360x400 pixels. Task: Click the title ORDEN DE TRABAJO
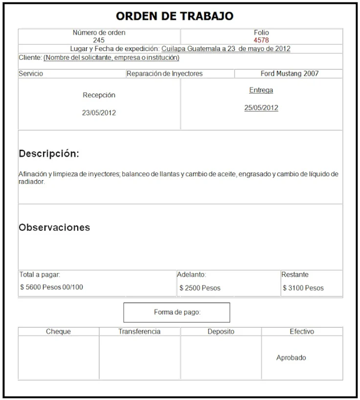coord(175,16)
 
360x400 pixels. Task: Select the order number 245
coord(99,40)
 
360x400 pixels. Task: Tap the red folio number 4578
coord(261,40)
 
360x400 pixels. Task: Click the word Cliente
coord(30,58)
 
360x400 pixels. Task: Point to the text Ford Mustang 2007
coord(290,73)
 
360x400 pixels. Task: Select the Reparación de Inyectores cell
coord(164,73)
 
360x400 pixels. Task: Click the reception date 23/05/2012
coord(99,113)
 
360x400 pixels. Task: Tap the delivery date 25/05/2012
coord(261,108)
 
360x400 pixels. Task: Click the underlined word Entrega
coord(261,90)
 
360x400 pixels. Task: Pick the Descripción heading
coord(49,154)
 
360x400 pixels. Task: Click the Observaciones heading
coord(54,227)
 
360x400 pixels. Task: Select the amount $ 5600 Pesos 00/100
coord(51,287)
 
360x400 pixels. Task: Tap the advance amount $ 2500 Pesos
coord(200,288)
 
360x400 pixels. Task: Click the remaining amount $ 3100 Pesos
coord(303,288)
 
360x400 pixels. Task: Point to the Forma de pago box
coord(177,312)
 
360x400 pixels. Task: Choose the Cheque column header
coord(58,331)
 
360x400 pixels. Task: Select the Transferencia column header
coord(139,331)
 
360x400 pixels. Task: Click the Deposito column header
coord(221,331)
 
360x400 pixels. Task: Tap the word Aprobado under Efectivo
coord(291,357)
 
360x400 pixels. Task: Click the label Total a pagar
coord(40,275)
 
